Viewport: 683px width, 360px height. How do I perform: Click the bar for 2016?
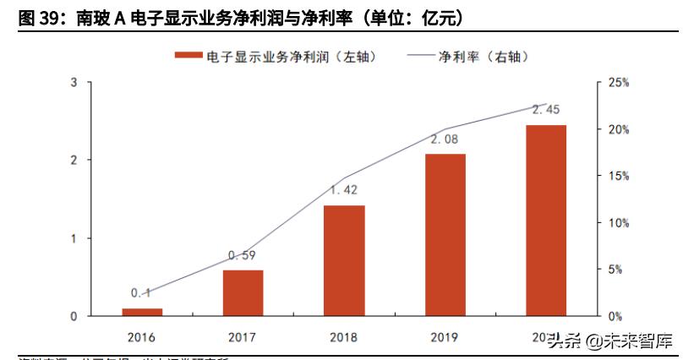[142, 312]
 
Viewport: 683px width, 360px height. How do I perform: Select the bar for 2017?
[243, 293]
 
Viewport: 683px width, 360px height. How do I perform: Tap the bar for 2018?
[344, 260]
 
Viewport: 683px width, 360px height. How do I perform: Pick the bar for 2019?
[445, 235]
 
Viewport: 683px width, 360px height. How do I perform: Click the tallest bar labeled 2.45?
[546, 221]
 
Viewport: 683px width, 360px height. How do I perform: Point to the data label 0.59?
[243, 255]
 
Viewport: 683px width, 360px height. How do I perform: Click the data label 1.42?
[344, 190]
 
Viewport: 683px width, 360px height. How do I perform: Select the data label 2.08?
[445, 139]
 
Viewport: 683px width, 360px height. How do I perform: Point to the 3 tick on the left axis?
[74, 82]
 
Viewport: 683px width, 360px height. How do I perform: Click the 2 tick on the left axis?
[74, 160]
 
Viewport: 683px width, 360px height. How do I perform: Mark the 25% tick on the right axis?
[619, 82]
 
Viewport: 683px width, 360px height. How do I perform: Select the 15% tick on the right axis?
[619, 176]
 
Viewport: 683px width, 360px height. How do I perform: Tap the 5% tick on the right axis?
[616, 270]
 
